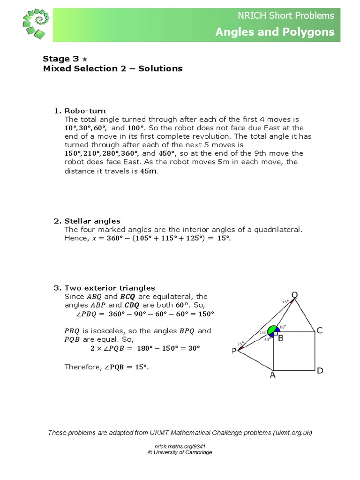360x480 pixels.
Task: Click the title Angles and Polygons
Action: pyautogui.click(x=275, y=32)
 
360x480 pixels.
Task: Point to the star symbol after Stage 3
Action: pyautogui.click(x=84, y=59)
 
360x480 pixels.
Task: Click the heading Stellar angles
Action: pyautogui.click(x=92, y=221)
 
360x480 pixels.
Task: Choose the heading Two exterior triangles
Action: pyautogui.click(x=110, y=288)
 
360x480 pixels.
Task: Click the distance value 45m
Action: pyautogui.click(x=149, y=171)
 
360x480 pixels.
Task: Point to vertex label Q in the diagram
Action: pyautogui.click(x=294, y=295)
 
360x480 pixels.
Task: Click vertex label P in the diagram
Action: pyautogui.click(x=234, y=351)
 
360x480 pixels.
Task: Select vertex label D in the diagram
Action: pyautogui.click(x=320, y=371)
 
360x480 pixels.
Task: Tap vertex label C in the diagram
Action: pyautogui.click(x=320, y=330)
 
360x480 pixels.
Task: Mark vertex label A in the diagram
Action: pyautogui.click(x=272, y=375)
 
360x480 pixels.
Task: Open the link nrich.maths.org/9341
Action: pyautogui.click(x=180, y=446)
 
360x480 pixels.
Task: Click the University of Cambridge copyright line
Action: pyautogui.click(x=180, y=452)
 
